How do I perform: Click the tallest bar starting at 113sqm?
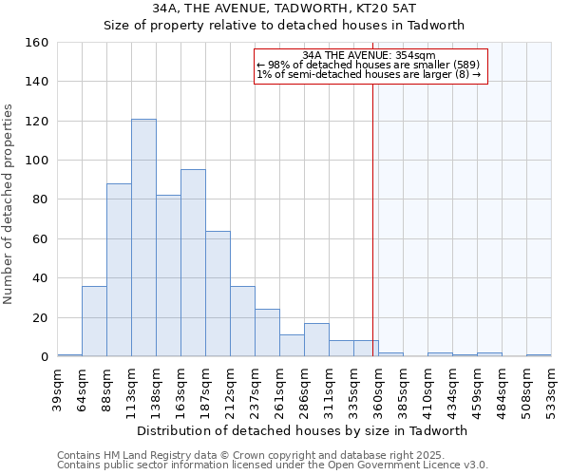(x=143, y=237)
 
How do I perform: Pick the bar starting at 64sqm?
(x=94, y=321)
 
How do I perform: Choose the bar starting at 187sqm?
(x=218, y=294)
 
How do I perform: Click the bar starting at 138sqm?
(x=168, y=275)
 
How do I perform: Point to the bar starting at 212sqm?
(x=242, y=321)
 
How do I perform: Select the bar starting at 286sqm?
(x=316, y=340)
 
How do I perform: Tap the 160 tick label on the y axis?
(x=36, y=43)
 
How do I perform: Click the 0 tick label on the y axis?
(x=44, y=356)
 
